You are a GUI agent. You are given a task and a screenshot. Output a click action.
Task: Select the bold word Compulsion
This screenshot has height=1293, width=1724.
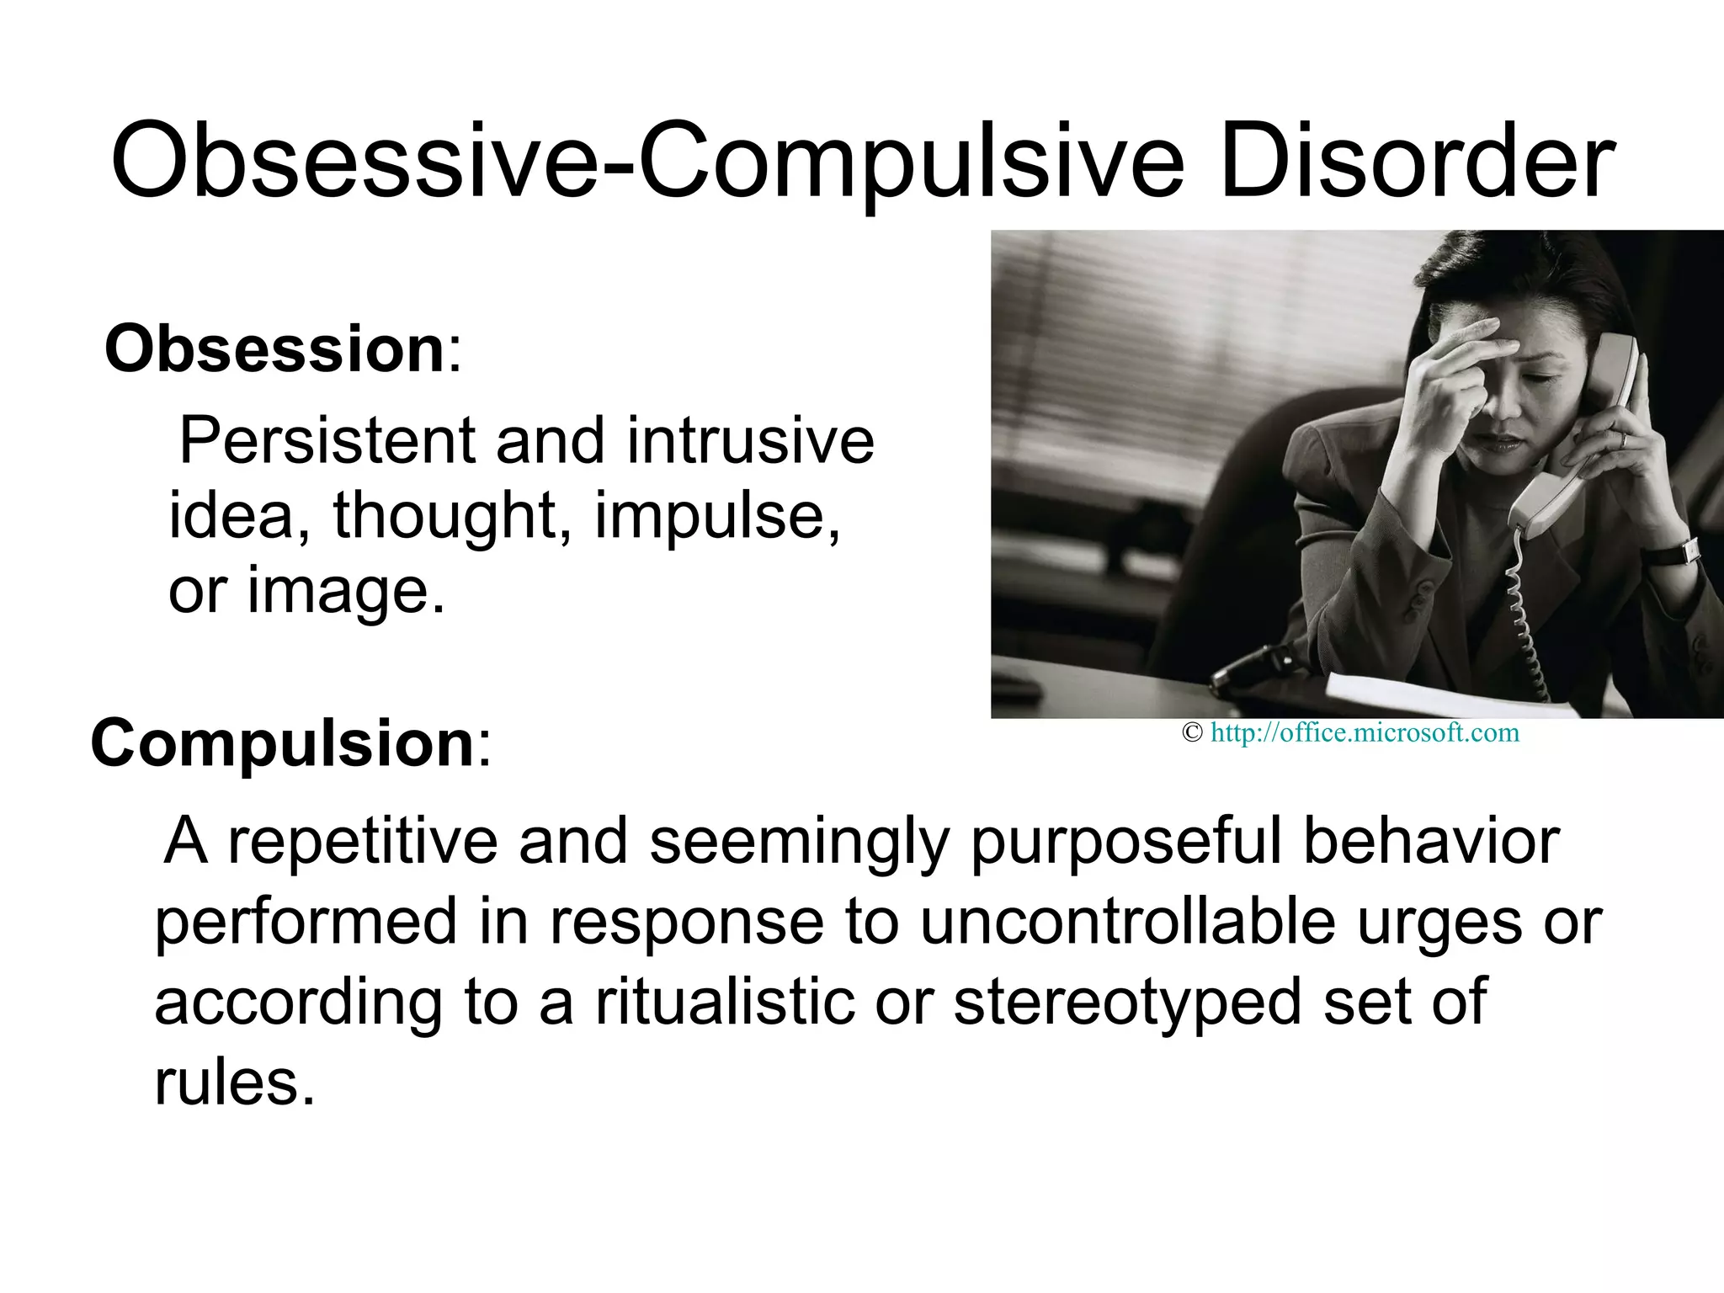coord(283,743)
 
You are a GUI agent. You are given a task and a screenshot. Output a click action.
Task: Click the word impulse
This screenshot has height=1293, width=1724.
coord(717,515)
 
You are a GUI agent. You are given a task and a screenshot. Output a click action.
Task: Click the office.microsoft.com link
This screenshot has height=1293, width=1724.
coord(1365,733)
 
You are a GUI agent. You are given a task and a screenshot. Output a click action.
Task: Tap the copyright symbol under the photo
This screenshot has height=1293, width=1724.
coord(1191,733)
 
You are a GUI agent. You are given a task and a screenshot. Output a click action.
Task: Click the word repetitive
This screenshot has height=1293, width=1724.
coord(363,841)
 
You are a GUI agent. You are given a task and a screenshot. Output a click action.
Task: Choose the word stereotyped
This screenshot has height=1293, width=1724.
coord(1128,1003)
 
